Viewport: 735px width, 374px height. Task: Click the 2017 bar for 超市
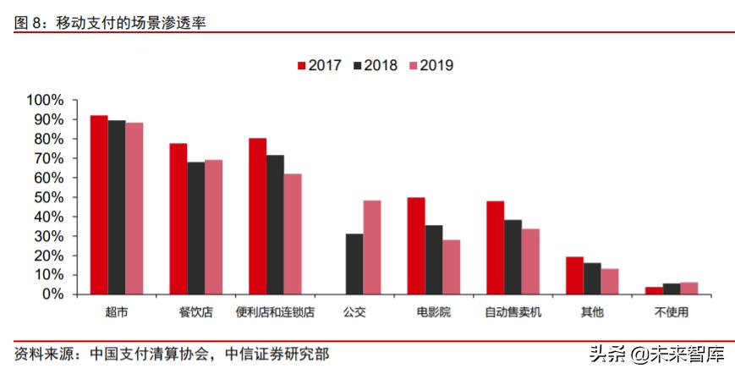(x=99, y=205)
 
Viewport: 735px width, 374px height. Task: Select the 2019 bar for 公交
(x=372, y=247)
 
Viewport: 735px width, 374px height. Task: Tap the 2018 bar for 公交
(x=354, y=264)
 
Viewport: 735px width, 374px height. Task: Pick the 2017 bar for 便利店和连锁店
(x=257, y=216)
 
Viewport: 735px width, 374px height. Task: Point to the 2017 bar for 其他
(x=574, y=275)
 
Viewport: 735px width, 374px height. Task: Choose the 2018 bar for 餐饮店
(x=195, y=228)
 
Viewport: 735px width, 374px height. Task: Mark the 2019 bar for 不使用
(x=689, y=288)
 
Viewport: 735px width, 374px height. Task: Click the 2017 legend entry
(x=318, y=65)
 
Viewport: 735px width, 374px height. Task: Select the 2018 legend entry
(x=374, y=65)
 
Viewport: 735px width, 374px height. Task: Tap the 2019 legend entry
(x=430, y=65)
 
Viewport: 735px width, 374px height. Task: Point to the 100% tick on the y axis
(x=46, y=100)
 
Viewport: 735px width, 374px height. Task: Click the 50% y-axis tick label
(x=49, y=197)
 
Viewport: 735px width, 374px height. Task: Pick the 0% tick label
(x=52, y=294)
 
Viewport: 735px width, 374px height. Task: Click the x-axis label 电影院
(x=434, y=312)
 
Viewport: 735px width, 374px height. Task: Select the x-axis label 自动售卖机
(x=513, y=312)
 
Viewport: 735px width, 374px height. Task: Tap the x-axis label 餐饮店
(x=195, y=312)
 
